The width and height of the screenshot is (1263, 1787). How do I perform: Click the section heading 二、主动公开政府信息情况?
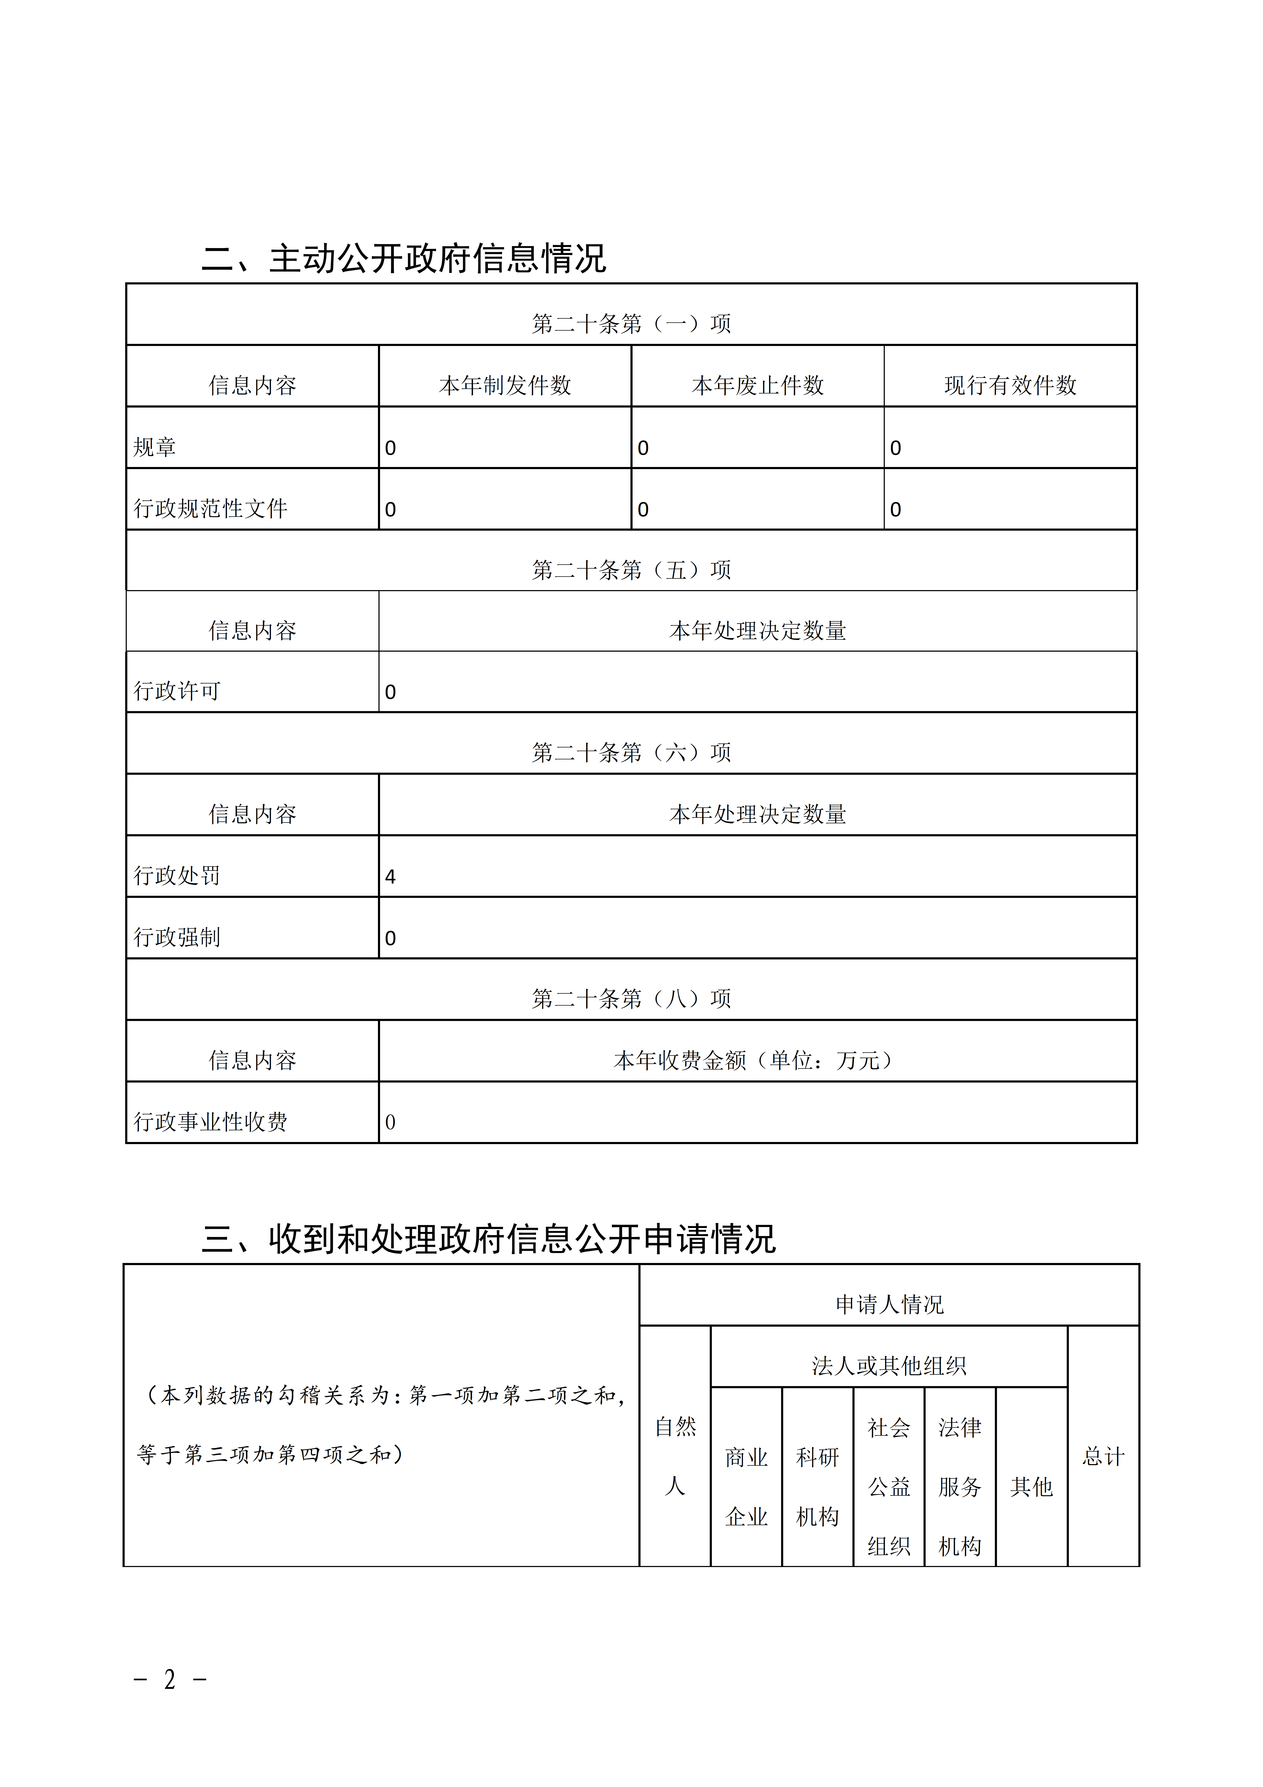(403, 258)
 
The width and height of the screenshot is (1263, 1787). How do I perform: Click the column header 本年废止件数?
(757, 385)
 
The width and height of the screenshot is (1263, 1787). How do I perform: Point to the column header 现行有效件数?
(1010, 385)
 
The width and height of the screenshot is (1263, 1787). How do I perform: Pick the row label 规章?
(155, 448)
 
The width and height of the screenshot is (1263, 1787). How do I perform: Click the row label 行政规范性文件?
(210, 509)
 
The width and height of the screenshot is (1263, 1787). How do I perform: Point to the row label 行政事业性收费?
(210, 1122)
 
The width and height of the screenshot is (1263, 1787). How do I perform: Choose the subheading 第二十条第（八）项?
(631, 999)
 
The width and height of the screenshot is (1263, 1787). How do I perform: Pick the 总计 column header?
(1104, 1456)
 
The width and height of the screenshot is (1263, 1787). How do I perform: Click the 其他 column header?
(1031, 1487)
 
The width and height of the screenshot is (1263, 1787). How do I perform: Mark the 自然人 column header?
(675, 1456)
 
